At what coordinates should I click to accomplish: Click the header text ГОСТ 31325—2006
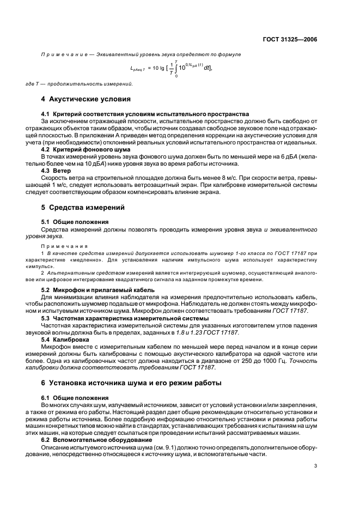[x=291, y=40]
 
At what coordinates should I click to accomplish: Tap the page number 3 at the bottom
[x=316, y=465]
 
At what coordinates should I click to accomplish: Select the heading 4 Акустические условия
[x=86, y=100]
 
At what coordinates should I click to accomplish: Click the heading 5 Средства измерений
[x=83, y=208]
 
